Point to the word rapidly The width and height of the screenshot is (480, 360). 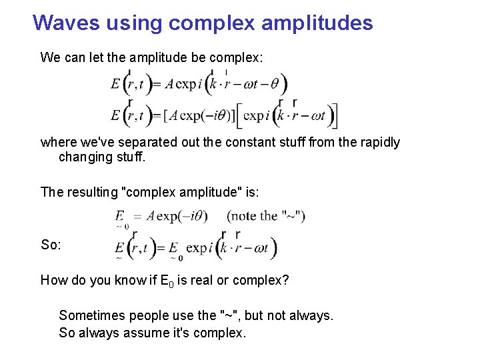click(x=377, y=142)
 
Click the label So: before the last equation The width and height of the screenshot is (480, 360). click(x=51, y=245)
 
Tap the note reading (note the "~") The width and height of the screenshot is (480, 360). click(x=266, y=216)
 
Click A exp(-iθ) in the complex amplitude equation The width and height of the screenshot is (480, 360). click(x=177, y=216)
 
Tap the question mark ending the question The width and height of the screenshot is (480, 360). click(x=285, y=280)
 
